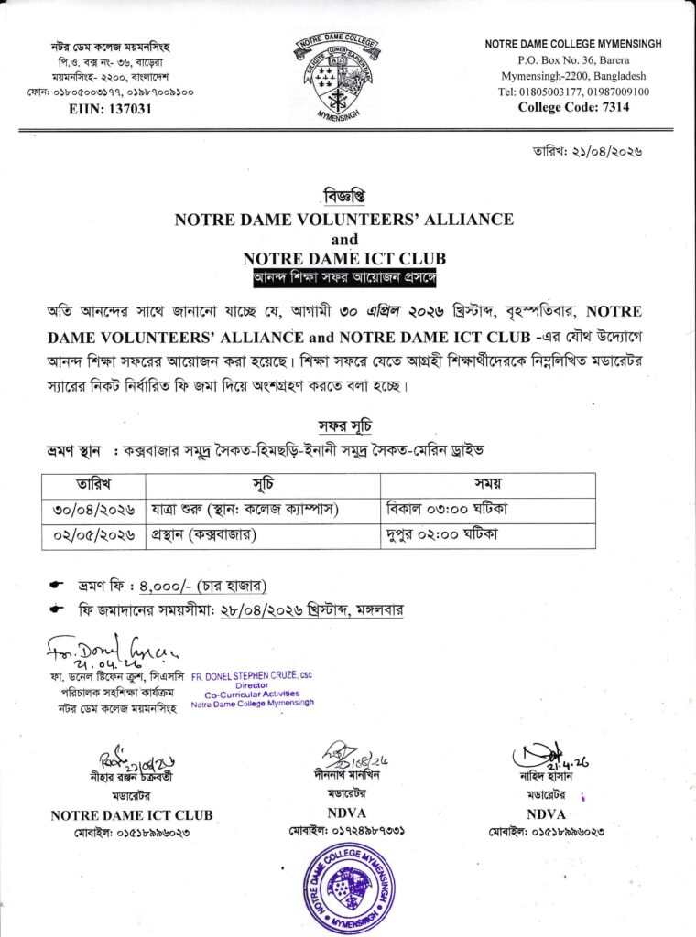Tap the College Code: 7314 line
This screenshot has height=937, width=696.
point(573,107)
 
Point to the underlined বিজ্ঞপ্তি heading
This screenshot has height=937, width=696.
point(343,197)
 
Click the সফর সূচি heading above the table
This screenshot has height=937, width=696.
point(344,426)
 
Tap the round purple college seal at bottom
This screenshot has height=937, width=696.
point(349,886)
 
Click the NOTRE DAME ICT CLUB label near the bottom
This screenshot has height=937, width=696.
point(132,814)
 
